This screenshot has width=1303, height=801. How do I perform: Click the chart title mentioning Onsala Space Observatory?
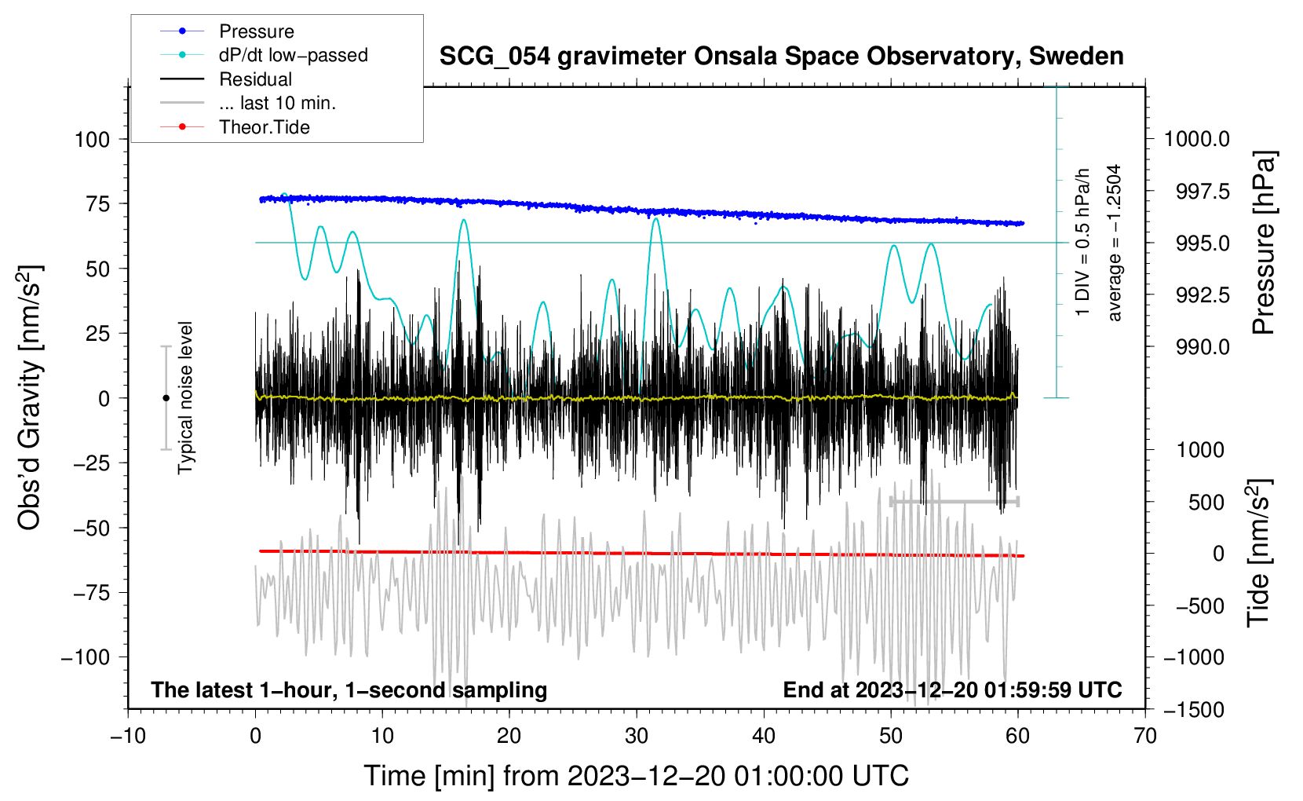click(781, 57)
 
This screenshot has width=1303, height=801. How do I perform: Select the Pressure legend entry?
click(256, 31)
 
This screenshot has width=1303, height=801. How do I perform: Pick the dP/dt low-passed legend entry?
click(293, 55)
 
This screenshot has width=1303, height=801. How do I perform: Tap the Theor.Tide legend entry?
click(264, 127)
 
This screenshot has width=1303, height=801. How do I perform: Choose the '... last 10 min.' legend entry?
click(277, 103)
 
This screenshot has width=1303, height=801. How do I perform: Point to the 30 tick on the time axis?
click(637, 736)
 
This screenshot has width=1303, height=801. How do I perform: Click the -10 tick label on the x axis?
click(128, 736)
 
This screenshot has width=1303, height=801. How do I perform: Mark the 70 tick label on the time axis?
click(1145, 736)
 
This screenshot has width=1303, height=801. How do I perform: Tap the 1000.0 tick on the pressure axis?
click(1196, 140)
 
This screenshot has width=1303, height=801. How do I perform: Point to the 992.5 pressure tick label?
click(1203, 295)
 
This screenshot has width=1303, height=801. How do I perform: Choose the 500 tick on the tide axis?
click(1206, 503)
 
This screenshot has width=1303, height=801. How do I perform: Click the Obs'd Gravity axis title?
click(30, 397)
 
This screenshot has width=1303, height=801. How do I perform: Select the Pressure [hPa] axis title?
click(1263, 243)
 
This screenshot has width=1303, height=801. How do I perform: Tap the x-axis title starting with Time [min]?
click(636, 776)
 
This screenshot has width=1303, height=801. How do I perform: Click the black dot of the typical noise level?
click(166, 398)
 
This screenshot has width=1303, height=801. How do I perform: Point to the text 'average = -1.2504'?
click(1115, 243)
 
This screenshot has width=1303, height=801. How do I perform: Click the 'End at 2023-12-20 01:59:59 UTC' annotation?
click(952, 690)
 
